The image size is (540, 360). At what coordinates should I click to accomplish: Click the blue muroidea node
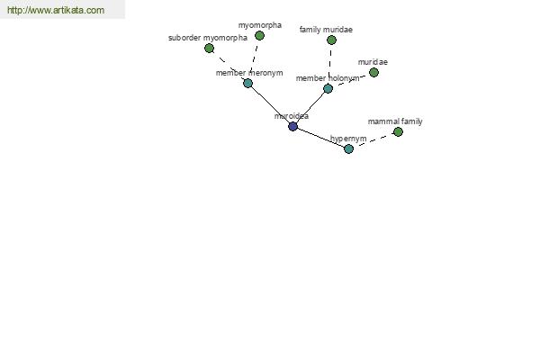coord(292,126)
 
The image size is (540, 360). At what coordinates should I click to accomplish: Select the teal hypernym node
coord(348,148)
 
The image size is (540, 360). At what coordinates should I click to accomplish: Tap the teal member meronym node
coord(248,83)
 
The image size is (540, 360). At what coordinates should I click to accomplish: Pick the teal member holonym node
coord(328,88)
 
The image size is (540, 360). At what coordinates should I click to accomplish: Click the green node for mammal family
coord(398,131)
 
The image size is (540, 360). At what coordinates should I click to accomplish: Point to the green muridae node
coord(373,72)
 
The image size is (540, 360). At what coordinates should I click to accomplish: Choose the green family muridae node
coord(331,40)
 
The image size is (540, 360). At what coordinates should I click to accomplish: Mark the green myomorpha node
coord(260,35)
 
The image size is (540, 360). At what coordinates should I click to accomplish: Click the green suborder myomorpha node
coord(209,49)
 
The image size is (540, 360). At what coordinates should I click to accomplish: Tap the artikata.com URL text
coord(56,10)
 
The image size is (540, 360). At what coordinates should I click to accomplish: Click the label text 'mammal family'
coord(395,121)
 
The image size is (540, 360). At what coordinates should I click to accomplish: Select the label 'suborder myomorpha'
coord(208,38)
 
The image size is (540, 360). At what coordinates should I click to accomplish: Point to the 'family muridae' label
coord(326,30)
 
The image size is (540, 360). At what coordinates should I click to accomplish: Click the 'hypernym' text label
coord(348,139)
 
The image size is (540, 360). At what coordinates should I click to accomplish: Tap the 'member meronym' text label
coord(249,73)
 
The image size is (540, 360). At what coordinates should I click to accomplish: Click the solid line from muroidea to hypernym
coord(320,138)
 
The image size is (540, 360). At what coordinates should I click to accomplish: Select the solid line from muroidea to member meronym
coord(270,104)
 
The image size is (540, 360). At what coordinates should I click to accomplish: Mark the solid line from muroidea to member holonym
coord(310,107)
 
